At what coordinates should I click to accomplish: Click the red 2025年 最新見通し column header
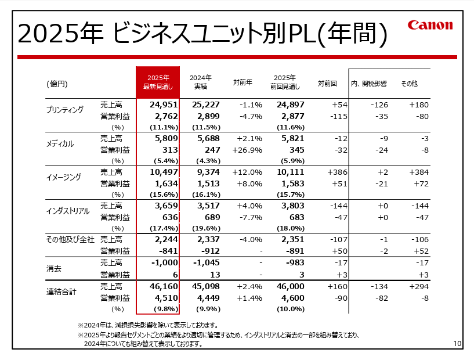click(x=158, y=82)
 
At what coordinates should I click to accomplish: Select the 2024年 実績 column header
click(x=201, y=82)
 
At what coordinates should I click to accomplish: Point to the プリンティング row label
click(x=65, y=109)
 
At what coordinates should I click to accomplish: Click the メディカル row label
click(x=60, y=143)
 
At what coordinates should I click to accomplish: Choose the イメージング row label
click(x=63, y=177)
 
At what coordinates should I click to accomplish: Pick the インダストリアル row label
click(x=68, y=211)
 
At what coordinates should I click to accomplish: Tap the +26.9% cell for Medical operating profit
click(x=247, y=149)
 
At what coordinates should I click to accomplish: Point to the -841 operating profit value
click(x=167, y=250)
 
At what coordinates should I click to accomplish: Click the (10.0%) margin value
click(x=291, y=309)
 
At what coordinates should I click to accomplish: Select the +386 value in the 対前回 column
click(x=337, y=172)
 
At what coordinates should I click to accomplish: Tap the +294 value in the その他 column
click(x=418, y=286)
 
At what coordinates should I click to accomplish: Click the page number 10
click(x=457, y=344)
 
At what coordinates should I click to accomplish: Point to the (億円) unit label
click(x=57, y=84)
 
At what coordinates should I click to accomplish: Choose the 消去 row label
click(x=54, y=268)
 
